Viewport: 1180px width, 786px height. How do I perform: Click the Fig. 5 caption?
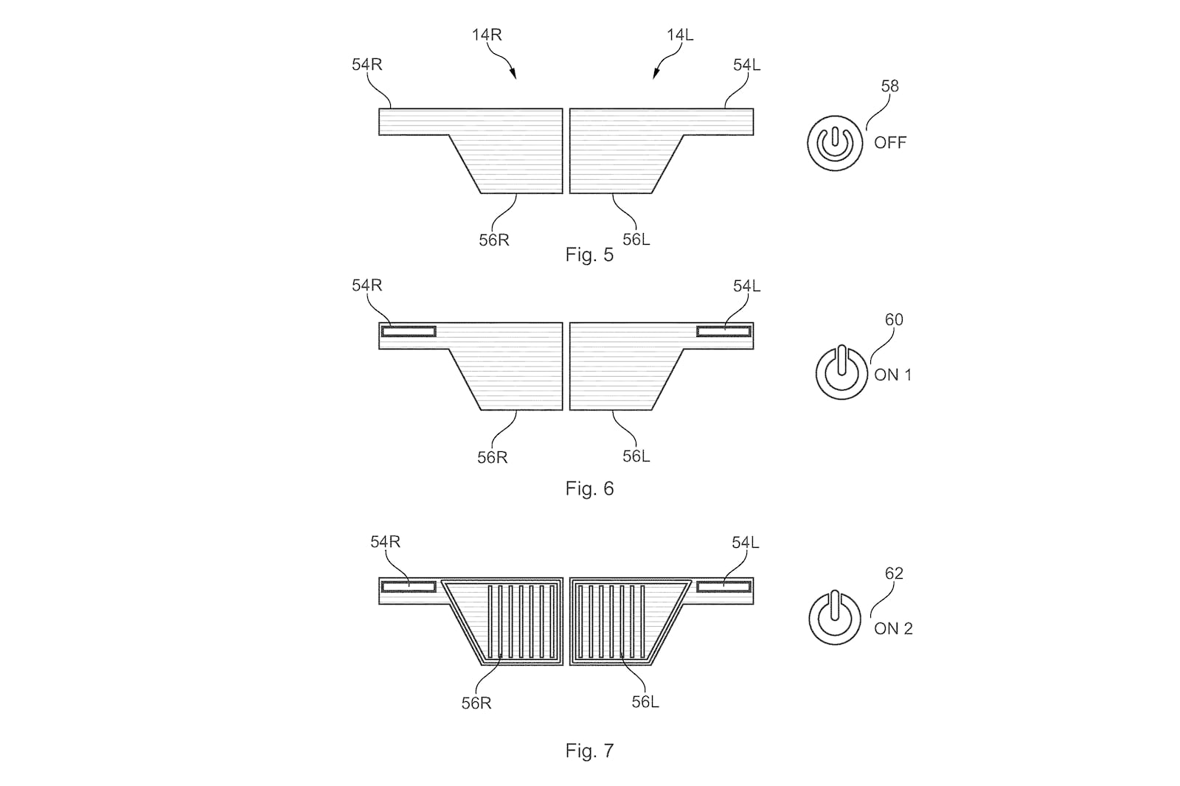(589, 255)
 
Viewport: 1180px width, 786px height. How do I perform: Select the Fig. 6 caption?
(589, 489)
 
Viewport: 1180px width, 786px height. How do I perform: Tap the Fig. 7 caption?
(589, 750)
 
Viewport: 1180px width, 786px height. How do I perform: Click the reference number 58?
(889, 86)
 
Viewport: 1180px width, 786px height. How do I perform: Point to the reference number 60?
(894, 320)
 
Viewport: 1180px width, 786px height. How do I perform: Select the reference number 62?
(894, 573)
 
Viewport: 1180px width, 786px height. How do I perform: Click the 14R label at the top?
(487, 35)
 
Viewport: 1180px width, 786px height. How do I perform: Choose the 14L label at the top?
(680, 35)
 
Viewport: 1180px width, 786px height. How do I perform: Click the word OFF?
(890, 142)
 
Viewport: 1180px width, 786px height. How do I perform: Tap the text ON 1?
(892, 375)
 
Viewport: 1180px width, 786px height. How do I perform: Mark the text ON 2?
(893, 628)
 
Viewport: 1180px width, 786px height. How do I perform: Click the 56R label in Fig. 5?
(494, 240)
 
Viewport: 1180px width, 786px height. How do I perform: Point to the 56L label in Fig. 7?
(645, 702)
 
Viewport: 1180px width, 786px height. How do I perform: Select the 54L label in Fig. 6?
(747, 286)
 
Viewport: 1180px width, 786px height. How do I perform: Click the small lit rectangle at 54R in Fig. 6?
(409, 331)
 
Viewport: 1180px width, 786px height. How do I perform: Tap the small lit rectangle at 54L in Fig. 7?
(723, 586)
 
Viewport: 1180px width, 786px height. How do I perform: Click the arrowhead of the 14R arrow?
(513, 75)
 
